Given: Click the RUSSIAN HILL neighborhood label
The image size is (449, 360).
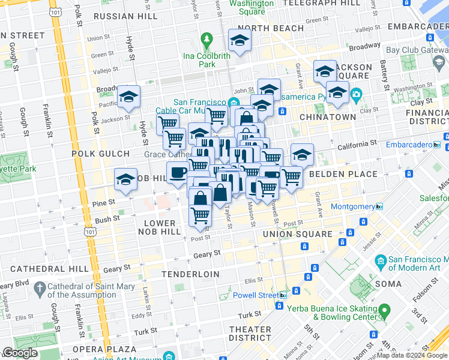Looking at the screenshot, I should click(x=125, y=16).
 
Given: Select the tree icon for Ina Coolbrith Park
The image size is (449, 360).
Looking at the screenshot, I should click(x=207, y=40).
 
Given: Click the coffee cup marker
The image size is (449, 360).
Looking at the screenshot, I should click(x=178, y=173).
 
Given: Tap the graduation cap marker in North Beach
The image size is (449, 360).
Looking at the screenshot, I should click(x=240, y=41).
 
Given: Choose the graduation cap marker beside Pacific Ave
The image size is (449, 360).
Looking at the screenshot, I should click(x=128, y=97).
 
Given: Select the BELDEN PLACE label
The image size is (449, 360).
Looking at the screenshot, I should click(x=343, y=175).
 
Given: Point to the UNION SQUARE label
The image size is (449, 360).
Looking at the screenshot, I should click(x=298, y=234).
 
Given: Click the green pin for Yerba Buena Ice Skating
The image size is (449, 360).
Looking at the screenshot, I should click(x=384, y=310).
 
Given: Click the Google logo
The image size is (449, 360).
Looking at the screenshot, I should click(x=20, y=353).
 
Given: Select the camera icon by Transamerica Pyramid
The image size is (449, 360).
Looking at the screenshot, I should click(x=356, y=95).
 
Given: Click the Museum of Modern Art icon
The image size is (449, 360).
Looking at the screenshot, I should click(x=379, y=262).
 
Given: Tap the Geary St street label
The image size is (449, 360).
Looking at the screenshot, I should click(x=203, y=255).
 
